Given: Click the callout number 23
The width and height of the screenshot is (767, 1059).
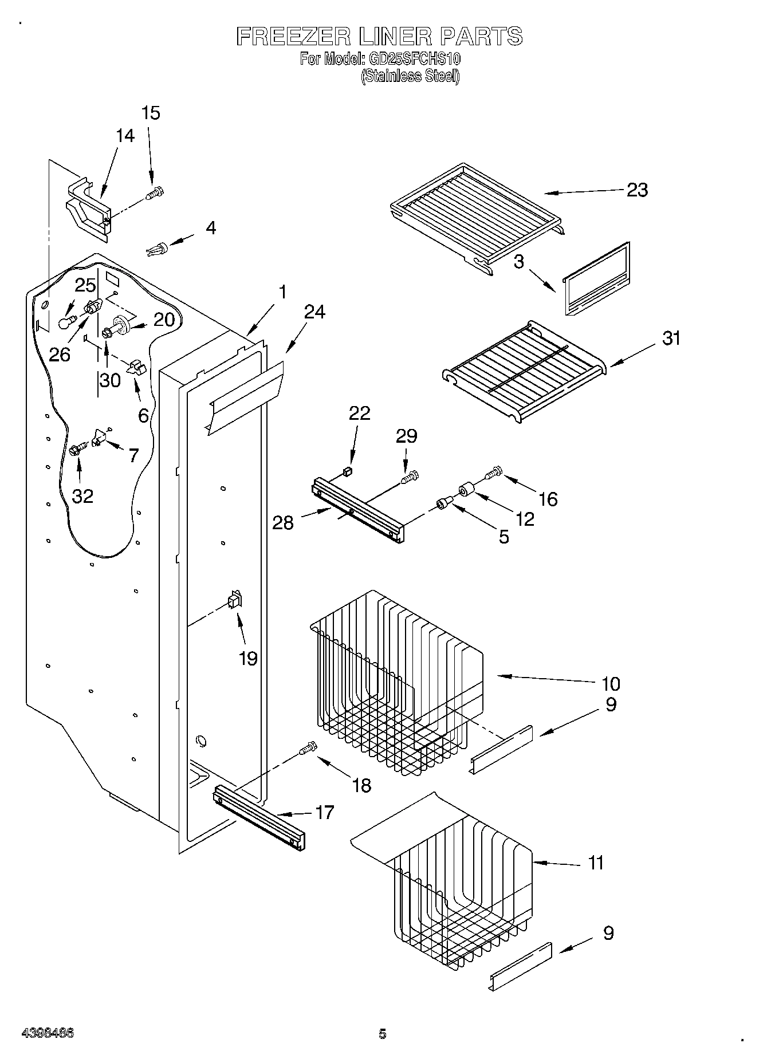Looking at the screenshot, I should pyautogui.click(x=636, y=190).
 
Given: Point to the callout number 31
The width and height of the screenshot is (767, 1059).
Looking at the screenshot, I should pyautogui.click(x=671, y=338).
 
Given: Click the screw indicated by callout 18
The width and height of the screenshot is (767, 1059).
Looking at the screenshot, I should pyautogui.click(x=307, y=749).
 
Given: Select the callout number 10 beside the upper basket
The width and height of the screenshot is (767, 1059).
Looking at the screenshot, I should pyautogui.click(x=611, y=683).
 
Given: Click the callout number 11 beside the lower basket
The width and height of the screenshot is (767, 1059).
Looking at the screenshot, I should pyautogui.click(x=596, y=862).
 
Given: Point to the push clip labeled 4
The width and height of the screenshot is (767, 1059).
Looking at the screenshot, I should pyautogui.click(x=157, y=250).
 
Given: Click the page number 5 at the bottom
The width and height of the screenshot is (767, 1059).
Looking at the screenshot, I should pyautogui.click(x=382, y=1034).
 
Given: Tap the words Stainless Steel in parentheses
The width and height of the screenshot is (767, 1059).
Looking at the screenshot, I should pyautogui.click(x=410, y=76).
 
